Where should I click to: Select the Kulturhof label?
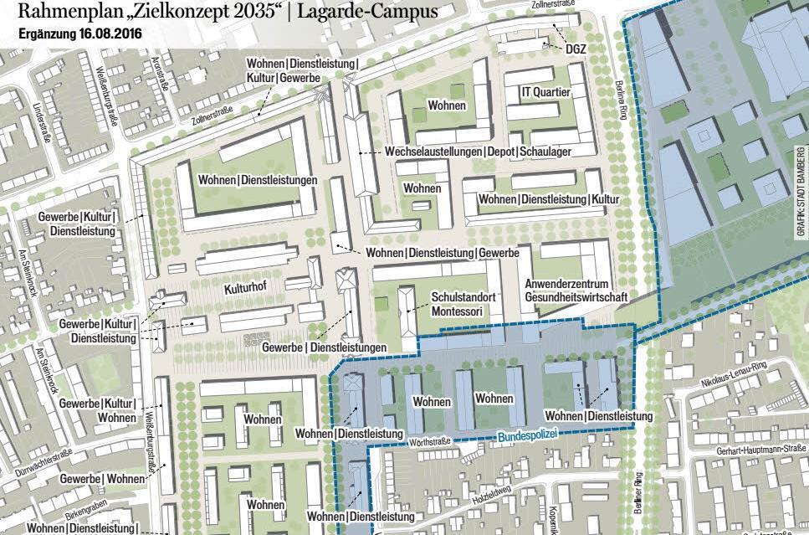[x=246, y=290]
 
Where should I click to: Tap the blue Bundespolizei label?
[x=525, y=435]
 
